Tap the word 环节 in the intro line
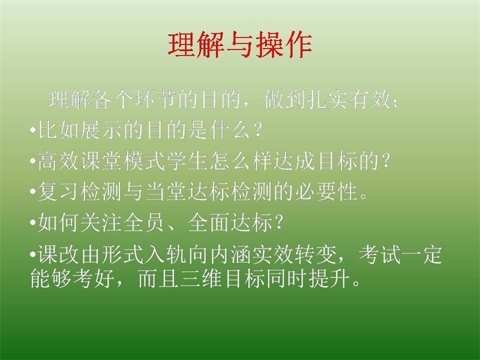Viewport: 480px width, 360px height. coord(156,100)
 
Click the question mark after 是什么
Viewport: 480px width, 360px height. coord(258,130)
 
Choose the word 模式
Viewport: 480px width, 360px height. coord(145,161)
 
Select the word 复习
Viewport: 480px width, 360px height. coord(59,192)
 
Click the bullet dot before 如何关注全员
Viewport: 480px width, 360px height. coord(33,223)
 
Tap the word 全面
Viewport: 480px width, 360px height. coord(209,223)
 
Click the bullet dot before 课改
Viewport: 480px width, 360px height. coord(33,254)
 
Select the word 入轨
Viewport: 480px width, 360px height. coord(166,254)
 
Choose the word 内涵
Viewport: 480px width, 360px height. coord(230,254)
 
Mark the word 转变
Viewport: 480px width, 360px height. coord(316,254)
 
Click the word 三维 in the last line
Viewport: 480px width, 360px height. coord(201,278)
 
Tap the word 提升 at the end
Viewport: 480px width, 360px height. coord(329,278)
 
